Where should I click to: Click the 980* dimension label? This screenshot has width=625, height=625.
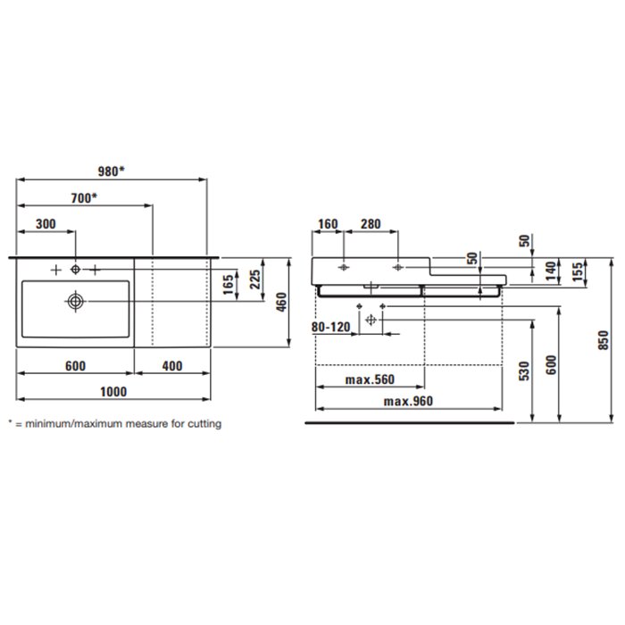112,171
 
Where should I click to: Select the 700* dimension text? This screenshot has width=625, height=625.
84,197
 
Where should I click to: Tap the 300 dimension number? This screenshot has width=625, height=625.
46,224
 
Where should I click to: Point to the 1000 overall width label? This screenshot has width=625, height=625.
113,392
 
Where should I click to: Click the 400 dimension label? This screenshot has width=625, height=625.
172,366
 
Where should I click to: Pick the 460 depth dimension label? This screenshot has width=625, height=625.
281,302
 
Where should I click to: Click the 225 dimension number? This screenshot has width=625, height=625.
255,279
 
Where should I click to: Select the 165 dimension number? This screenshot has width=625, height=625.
229,284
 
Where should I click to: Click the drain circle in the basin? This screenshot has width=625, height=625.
75,302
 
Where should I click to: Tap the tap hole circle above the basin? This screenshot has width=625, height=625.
75,270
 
